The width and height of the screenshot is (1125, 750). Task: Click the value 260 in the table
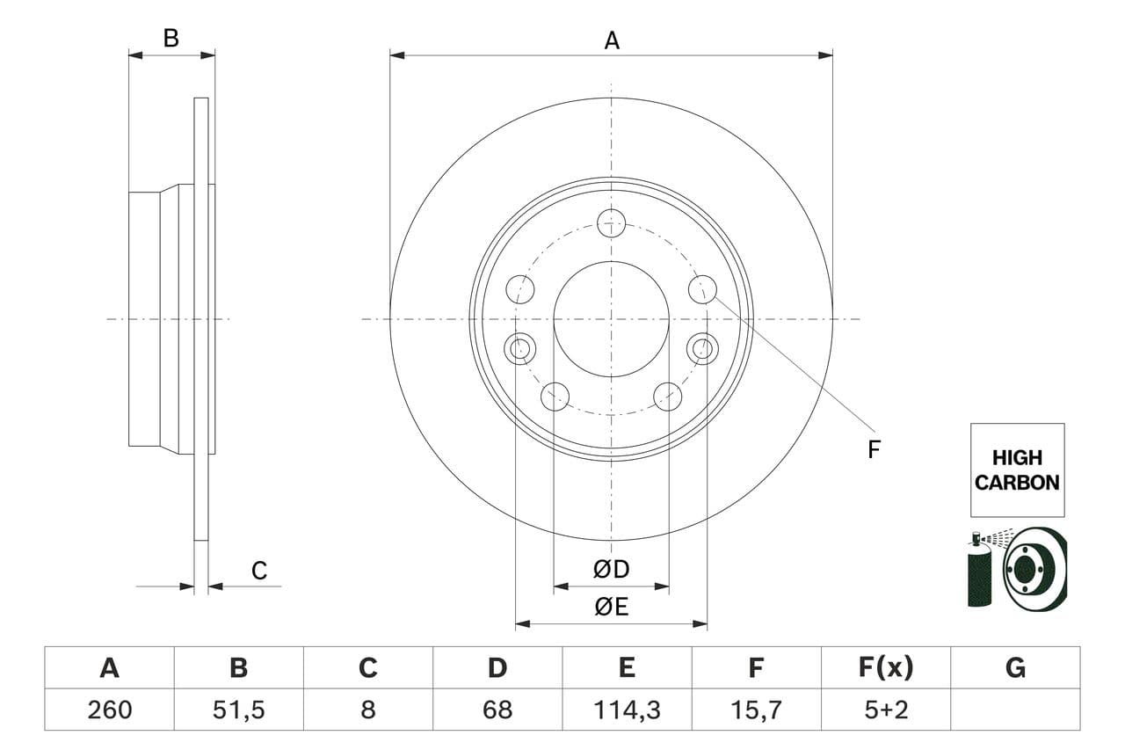pos(109,710)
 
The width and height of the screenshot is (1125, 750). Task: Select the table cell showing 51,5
pos(238,710)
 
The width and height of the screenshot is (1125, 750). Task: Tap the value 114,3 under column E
pos(627,710)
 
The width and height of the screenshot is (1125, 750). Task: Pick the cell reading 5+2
pos(885,710)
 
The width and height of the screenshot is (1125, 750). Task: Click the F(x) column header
pos(885,668)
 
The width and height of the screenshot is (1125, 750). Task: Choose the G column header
pos(1015,668)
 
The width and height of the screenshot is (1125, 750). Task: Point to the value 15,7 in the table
pos(756,710)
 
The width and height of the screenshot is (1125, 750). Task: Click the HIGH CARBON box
pos(1017,470)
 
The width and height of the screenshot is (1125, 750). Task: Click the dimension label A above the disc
pos(612,40)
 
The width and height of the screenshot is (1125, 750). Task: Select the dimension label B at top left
pos(171,38)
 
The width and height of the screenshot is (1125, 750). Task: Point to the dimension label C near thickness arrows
pos(258,571)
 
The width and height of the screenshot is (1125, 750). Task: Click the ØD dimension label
pos(612,570)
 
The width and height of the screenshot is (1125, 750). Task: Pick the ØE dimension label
pos(612,607)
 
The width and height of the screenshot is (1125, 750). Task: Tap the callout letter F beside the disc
pos(874,449)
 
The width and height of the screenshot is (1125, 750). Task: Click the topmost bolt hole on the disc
pos(611,223)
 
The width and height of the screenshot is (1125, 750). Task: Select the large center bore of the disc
pos(611,318)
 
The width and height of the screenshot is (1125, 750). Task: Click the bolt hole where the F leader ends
pos(702,288)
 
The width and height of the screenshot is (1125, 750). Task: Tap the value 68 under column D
pos(497,710)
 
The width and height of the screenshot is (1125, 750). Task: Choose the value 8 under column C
pos(367,710)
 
